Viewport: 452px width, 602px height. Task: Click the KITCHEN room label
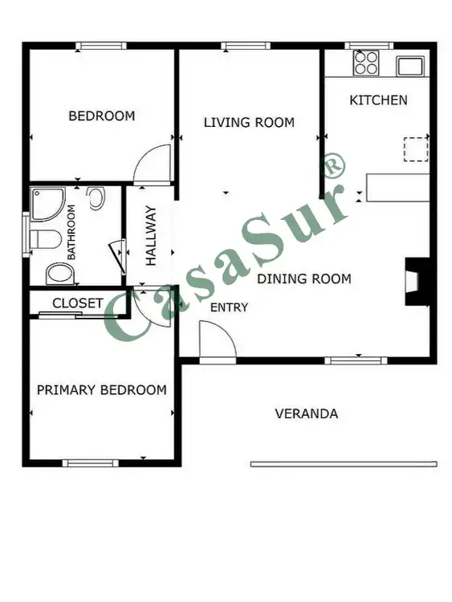(378, 100)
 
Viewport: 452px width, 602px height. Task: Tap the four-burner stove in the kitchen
(366, 63)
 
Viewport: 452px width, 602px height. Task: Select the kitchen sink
(410, 67)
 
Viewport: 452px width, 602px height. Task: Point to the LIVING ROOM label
(249, 123)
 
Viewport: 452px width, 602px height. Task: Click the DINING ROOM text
(304, 279)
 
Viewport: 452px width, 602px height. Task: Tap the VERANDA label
(307, 414)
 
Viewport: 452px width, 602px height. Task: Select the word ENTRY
(230, 307)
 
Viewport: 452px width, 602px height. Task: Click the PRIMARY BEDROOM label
(102, 390)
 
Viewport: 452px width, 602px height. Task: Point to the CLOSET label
(78, 303)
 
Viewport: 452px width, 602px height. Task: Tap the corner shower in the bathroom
(47, 204)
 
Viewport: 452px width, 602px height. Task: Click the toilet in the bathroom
(45, 239)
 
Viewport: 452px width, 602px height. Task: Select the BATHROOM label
(71, 232)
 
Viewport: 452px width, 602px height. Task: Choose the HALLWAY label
(151, 236)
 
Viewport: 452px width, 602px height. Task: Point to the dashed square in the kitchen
(416, 149)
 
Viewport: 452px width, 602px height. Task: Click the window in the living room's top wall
(246, 46)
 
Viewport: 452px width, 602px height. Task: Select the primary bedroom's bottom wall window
(90, 463)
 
